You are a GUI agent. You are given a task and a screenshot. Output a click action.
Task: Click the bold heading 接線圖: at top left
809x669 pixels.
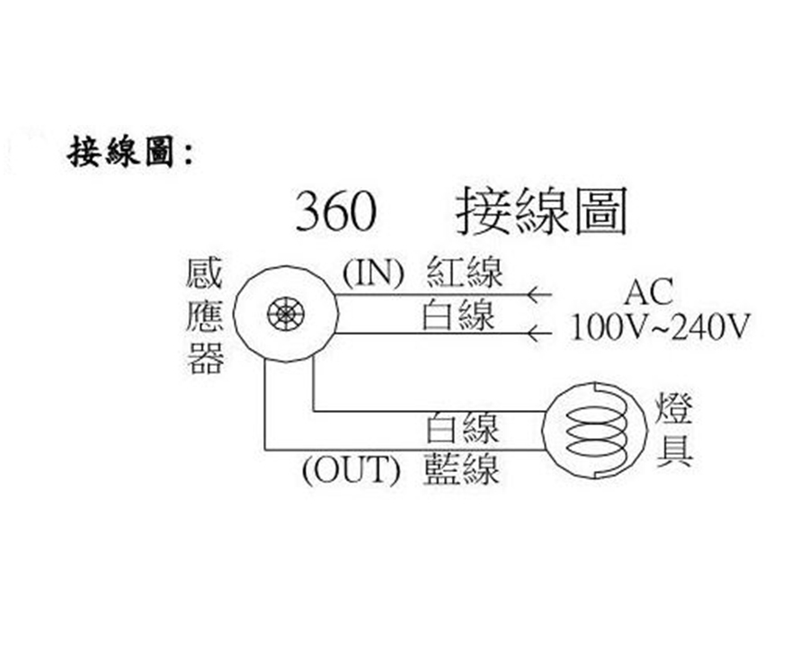(x=131, y=152)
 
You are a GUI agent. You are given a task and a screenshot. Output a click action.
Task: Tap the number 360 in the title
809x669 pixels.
(x=335, y=210)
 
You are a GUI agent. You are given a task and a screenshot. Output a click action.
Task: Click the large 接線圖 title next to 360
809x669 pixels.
(x=542, y=210)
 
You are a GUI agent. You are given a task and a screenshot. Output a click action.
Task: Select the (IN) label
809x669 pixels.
(x=373, y=272)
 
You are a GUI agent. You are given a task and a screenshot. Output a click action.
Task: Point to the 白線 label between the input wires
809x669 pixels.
(x=458, y=315)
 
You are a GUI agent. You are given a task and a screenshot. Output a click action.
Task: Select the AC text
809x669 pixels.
(x=648, y=291)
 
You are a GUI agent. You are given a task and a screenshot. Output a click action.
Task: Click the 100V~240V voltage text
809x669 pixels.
(x=660, y=327)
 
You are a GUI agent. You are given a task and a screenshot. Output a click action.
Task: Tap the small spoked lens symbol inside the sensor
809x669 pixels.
(x=286, y=315)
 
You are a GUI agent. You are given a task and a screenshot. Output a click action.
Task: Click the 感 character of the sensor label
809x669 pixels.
(x=205, y=273)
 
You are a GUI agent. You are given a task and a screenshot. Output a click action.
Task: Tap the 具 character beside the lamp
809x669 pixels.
(x=675, y=450)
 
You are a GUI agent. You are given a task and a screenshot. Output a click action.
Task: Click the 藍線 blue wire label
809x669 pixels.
(x=461, y=468)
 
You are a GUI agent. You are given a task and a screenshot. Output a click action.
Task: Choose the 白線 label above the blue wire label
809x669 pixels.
(x=463, y=428)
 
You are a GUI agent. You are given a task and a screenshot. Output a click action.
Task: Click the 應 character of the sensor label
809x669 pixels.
(x=205, y=316)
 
